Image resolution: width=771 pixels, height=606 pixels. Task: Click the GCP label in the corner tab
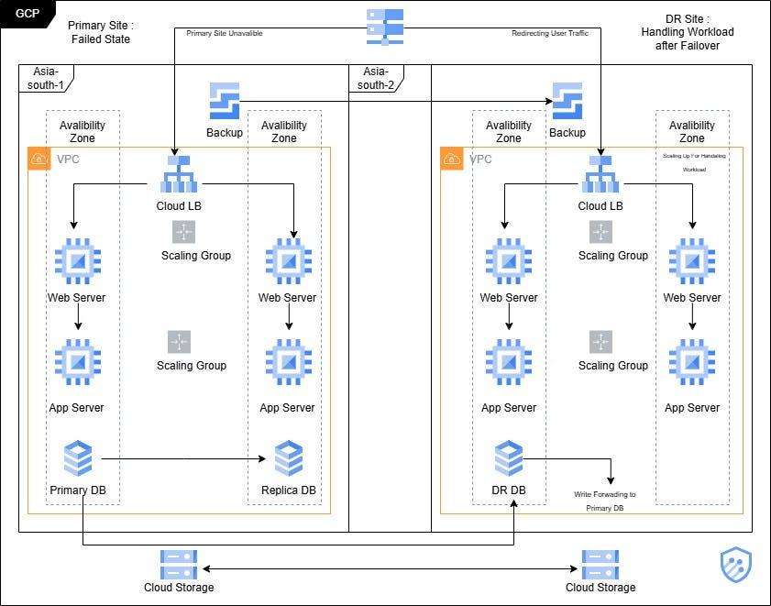tap(28, 15)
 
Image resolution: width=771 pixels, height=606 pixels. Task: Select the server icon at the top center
tap(385, 27)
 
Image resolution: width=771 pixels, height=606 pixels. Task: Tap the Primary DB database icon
tap(78, 457)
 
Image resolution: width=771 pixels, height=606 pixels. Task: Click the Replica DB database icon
tap(288, 458)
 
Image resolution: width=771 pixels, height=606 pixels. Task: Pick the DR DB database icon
tap(509, 457)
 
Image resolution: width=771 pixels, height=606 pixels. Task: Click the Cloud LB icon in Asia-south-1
tap(179, 174)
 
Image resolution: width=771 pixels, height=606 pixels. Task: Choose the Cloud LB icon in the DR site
tap(600, 174)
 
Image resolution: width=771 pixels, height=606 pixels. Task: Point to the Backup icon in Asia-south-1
tap(225, 101)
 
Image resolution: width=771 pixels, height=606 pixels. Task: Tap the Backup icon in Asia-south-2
tap(567, 101)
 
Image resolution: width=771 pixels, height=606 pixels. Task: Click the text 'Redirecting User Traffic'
tap(549, 33)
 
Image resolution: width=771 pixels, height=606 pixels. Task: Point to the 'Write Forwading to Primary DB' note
tap(604, 501)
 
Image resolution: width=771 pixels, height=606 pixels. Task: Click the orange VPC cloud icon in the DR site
tap(452, 160)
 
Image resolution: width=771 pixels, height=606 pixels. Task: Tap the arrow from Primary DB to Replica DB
tap(183, 457)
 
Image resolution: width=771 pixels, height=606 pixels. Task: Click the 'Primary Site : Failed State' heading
tap(100, 32)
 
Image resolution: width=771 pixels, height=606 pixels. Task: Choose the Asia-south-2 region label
tap(375, 78)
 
